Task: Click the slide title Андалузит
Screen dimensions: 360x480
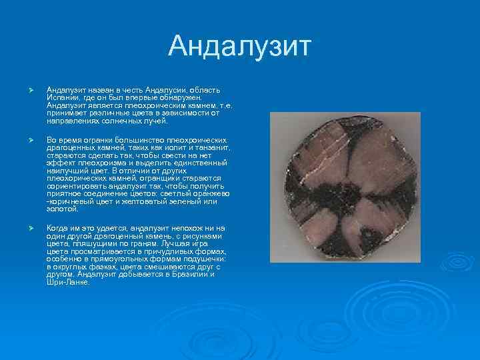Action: tap(240, 47)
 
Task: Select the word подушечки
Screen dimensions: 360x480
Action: tap(203, 260)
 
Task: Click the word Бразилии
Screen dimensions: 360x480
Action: tap(191, 276)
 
